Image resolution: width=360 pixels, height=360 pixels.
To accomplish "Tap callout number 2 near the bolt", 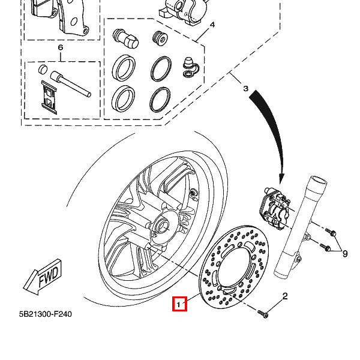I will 285,296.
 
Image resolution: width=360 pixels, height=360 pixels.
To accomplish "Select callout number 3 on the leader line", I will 245,89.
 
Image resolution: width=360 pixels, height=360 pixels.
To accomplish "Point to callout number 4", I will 212,25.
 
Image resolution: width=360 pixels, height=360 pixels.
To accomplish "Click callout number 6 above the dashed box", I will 60,47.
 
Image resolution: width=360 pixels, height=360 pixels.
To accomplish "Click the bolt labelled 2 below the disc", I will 264,314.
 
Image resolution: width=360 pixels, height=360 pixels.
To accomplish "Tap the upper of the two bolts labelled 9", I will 329,230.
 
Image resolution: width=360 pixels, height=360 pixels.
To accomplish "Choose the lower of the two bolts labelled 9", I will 325,247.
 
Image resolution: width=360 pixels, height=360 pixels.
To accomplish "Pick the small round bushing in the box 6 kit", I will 43,71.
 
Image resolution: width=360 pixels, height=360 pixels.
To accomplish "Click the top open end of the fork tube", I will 317,181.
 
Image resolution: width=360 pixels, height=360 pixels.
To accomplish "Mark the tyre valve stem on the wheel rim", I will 193,194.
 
